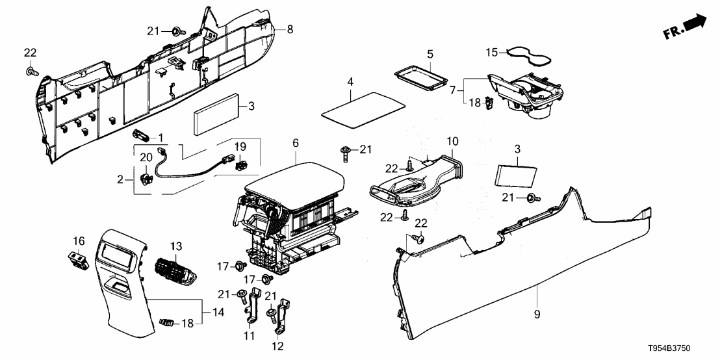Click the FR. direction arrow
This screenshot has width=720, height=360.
(693, 25)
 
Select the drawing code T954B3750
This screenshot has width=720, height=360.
(683, 349)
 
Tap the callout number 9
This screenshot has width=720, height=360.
(537, 315)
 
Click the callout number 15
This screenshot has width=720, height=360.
(493, 51)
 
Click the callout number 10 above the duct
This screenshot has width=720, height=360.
(451, 140)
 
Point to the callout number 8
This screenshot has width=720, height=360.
(290, 29)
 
